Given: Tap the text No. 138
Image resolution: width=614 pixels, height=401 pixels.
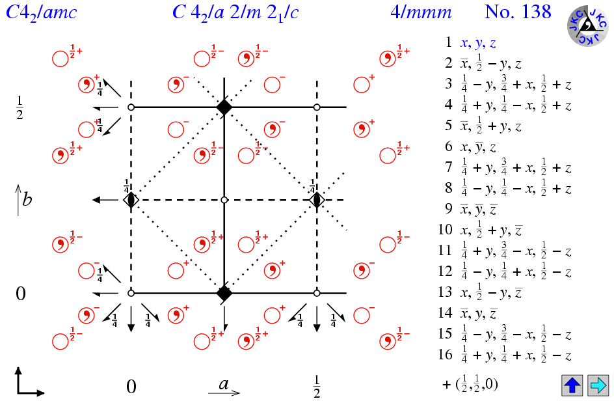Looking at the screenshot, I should click(x=518, y=12).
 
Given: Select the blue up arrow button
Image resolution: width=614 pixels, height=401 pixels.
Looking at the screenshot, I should click(x=572, y=385).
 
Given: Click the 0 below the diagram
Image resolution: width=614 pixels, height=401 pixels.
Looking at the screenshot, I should click(x=131, y=387).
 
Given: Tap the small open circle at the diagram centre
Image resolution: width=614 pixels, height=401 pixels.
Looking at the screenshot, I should click(x=224, y=199).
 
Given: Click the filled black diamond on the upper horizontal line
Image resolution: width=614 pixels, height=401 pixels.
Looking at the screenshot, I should click(x=224, y=107).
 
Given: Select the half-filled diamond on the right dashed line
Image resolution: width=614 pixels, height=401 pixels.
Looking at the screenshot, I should click(x=317, y=200).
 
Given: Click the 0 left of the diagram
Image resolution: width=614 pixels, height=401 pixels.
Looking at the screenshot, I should click(x=21, y=294).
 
